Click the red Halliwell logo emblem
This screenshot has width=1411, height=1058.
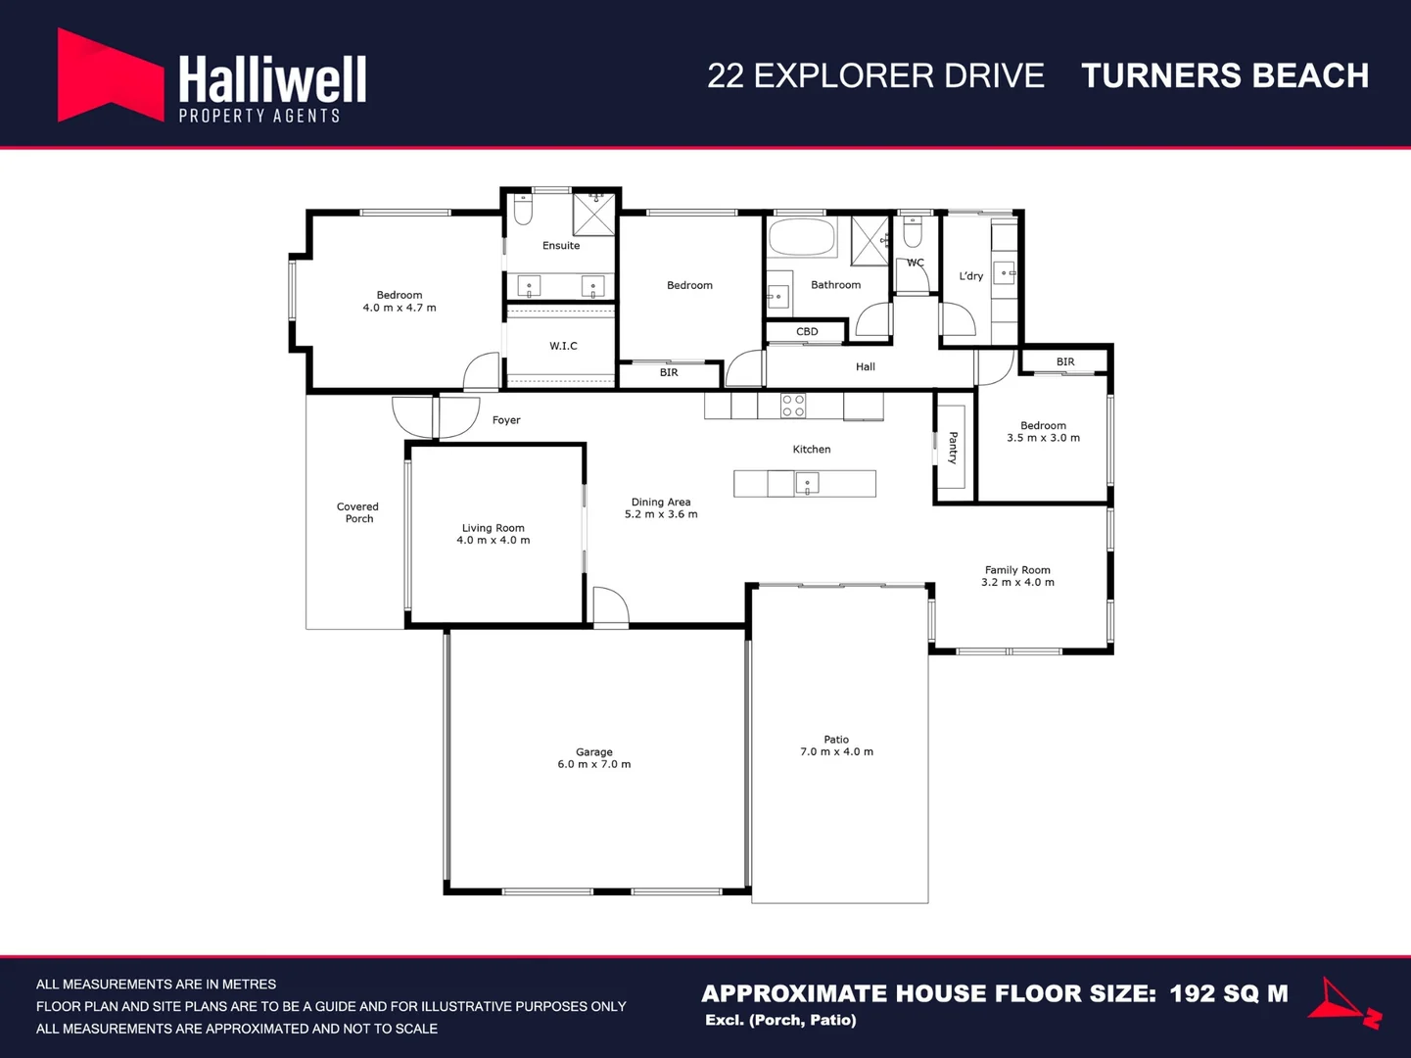[x=111, y=74]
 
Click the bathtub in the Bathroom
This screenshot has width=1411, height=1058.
[x=802, y=237]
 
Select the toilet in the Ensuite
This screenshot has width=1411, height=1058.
[x=523, y=209]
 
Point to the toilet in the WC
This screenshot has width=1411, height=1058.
[x=913, y=231]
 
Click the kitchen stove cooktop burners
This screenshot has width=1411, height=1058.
[x=792, y=406]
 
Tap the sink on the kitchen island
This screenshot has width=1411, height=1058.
[x=807, y=482]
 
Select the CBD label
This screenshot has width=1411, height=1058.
[x=807, y=331]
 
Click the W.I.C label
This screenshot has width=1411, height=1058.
[x=563, y=346]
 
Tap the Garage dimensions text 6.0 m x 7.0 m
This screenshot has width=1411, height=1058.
[x=594, y=764]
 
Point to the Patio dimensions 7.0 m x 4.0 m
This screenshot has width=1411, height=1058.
[x=836, y=751]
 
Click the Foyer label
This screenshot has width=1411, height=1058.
[x=506, y=420]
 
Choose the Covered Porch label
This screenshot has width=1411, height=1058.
[x=358, y=512]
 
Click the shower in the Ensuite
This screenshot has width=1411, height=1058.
[x=594, y=214]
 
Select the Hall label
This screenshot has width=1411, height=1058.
[x=866, y=366]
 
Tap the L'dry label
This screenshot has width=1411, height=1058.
[x=970, y=276]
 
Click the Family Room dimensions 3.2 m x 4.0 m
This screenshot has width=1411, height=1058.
[x=1017, y=582]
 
